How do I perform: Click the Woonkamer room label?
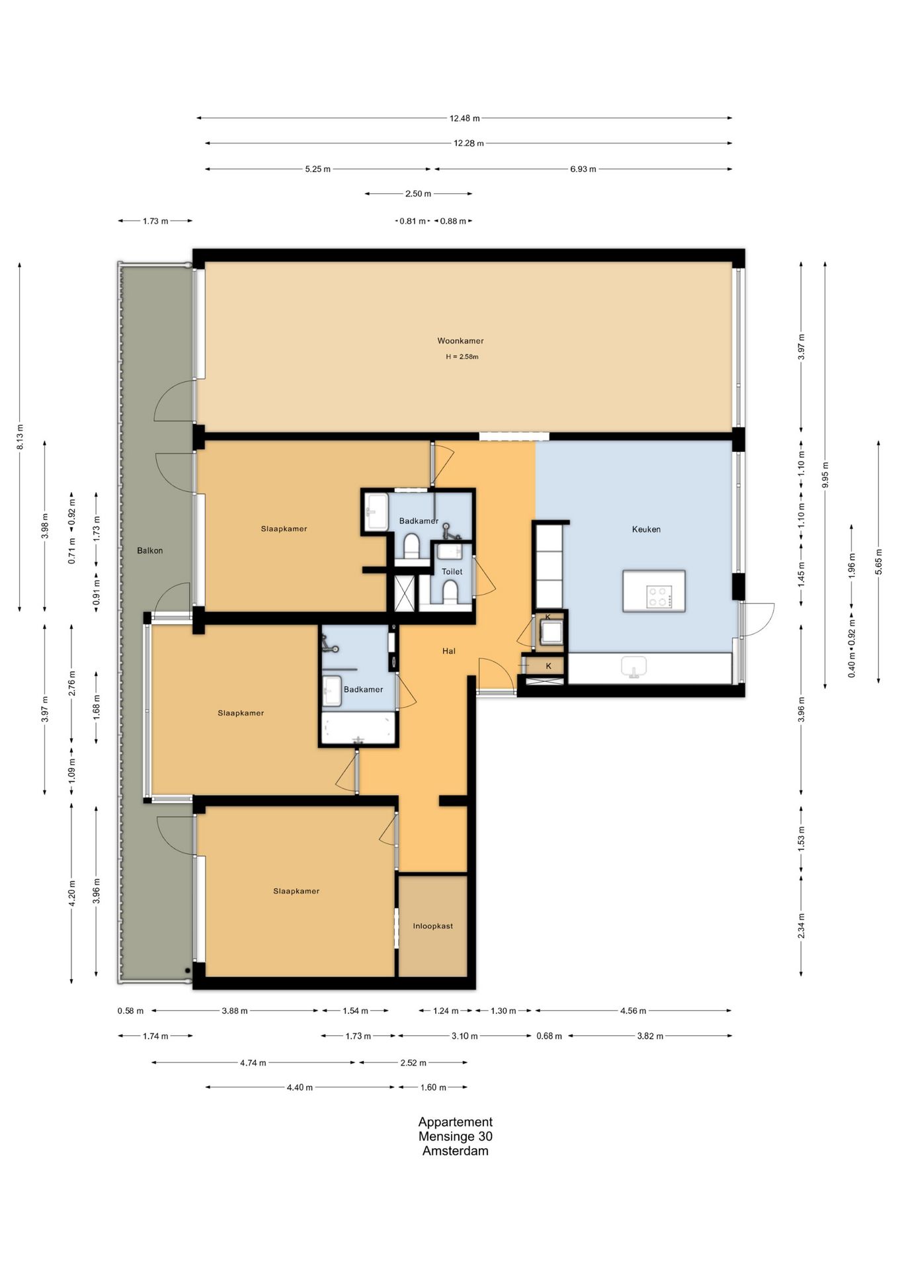460,341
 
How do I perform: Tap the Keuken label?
646,529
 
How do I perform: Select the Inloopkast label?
433,926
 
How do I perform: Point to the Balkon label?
150,550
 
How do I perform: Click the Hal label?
449,651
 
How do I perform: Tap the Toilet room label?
452,571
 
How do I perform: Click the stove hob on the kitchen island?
659,597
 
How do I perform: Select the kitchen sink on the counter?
635,667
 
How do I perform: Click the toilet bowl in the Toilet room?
450,591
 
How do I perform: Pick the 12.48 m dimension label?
465,118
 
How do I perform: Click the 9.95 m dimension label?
825,475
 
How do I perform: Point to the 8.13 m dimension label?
20,437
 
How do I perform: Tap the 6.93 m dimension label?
583,169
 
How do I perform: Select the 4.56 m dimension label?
633,1011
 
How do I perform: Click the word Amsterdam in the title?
456,1151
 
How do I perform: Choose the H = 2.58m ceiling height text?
462,357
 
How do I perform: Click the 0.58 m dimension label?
130,1011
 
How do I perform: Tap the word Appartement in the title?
456,1122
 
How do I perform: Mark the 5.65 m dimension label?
879,562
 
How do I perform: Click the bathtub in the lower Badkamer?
358,728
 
